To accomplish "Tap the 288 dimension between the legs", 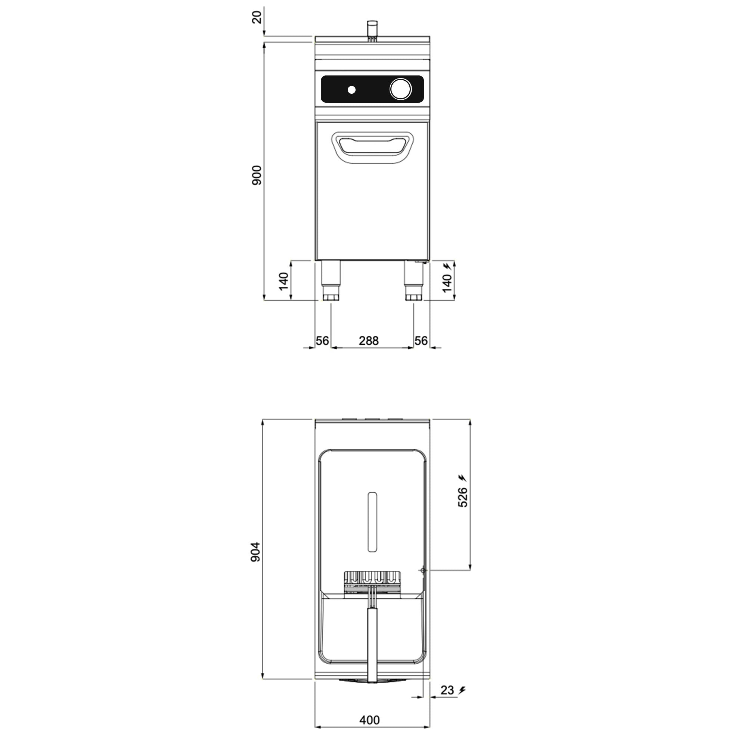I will tap(369, 341).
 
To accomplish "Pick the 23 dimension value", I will tap(447, 690).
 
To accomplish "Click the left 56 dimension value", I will tap(322, 341).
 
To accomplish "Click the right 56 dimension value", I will tap(421, 341).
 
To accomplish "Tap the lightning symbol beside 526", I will tap(462, 478).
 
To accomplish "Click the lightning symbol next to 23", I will tap(462, 690).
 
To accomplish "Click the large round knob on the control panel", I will tap(400, 89).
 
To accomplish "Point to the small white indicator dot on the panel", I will tap(351, 90).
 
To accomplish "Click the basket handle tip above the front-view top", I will tap(372, 26).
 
